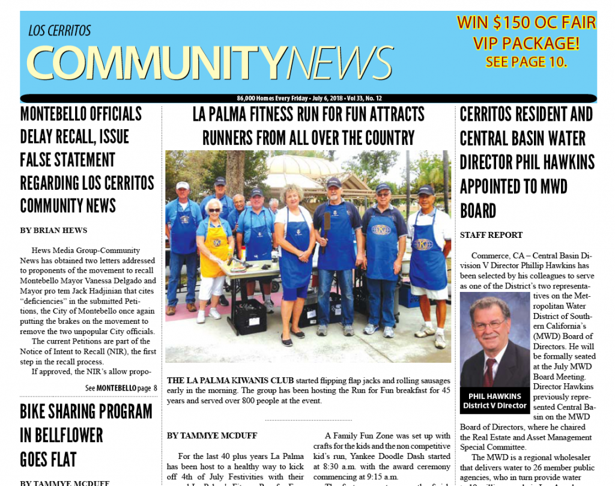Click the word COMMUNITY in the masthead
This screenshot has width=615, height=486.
click(x=155, y=62)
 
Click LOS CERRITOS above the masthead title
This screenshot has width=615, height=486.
click(x=59, y=31)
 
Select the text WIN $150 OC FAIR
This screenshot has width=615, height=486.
click(x=526, y=23)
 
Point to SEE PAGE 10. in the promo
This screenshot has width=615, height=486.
click(x=526, y=61)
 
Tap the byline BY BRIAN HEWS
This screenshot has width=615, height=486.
click(x=53, y=230)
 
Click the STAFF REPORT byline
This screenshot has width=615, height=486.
click(x=491, y=235)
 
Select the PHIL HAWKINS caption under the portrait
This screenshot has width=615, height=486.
click(x=495, y=396)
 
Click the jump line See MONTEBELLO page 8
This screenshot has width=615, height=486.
click(x=121, y=388)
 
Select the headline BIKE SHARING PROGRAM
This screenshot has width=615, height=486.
click(x=86, y=412)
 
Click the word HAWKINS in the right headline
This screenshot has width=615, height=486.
click(x=559, y=162)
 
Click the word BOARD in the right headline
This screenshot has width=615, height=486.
click(x=478, y=210)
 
